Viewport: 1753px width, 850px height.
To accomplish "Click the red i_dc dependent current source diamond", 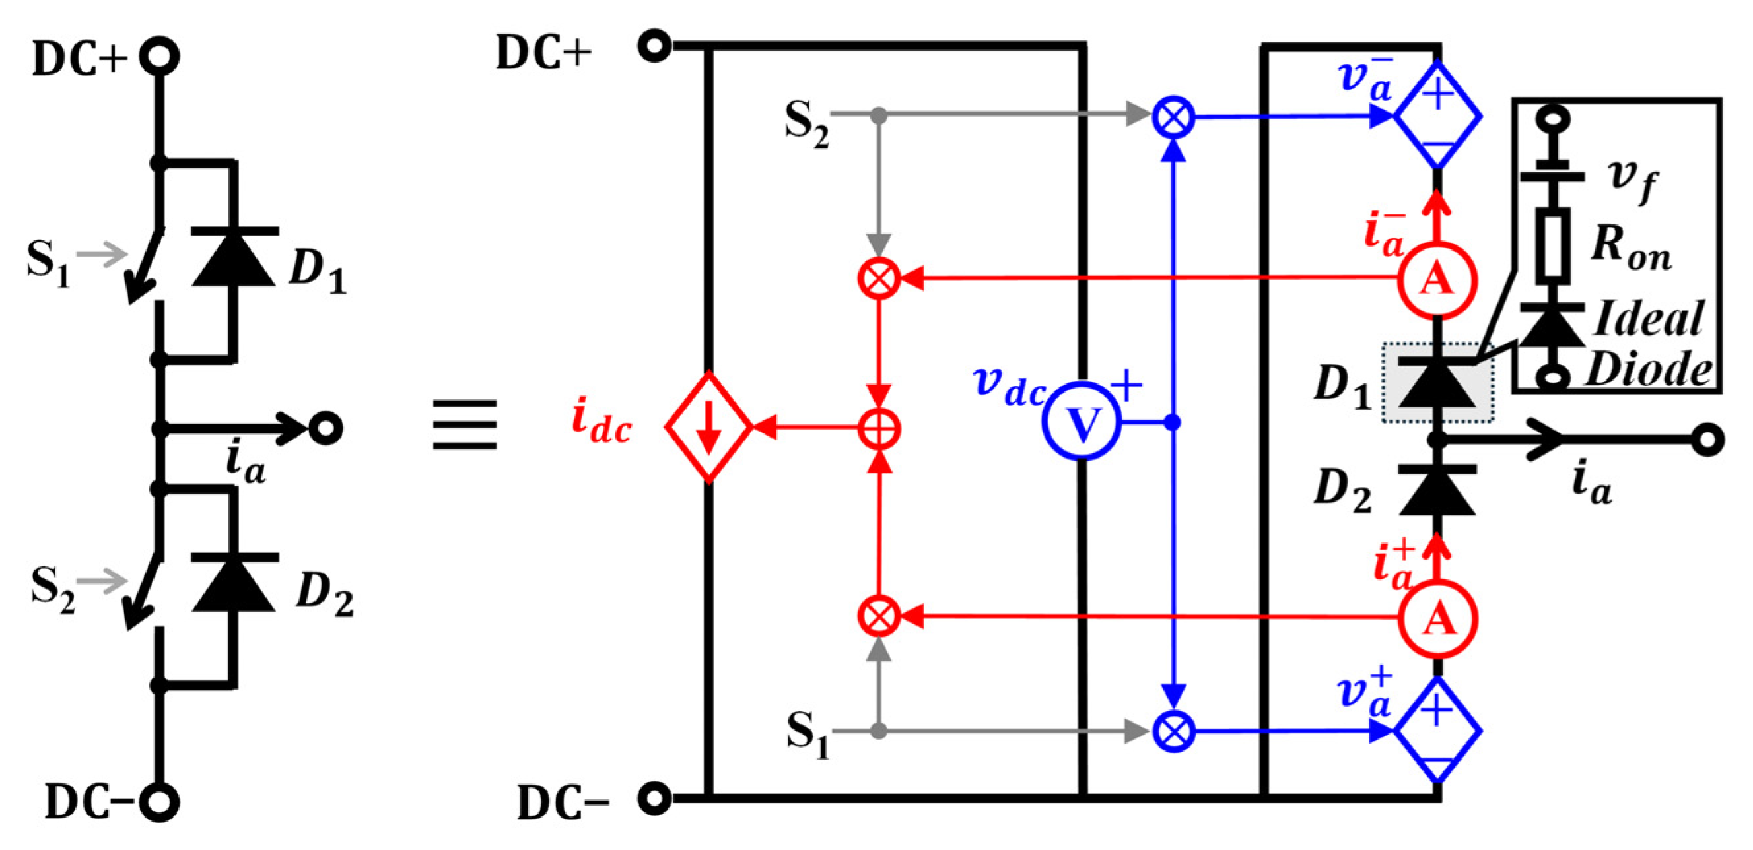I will click(708, 427).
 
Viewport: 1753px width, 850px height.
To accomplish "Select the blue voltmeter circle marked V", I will click(1082, 422).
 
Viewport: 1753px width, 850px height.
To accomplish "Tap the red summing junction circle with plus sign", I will click(879, 429).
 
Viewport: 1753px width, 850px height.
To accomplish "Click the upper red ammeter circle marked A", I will click(1437, 279).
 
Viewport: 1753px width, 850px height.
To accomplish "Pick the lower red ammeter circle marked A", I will click(1437, 619).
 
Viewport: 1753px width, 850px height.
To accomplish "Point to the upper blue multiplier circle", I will click(1173, 117).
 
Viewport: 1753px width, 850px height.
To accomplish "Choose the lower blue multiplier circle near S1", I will click(1173, 732).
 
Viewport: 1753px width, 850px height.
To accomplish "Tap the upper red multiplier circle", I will click(879, 278).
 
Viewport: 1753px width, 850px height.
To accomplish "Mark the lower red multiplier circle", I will click(879, 616).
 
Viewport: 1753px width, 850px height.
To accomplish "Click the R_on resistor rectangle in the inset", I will click(1554, 245).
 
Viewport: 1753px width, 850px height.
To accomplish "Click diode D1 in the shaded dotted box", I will click(1437, 383).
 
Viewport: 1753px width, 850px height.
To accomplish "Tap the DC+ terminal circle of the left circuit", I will click(159, 57).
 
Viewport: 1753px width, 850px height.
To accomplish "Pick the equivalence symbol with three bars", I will click(465, 425).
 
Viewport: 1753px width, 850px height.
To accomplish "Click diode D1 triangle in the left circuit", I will click(234, 259).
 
